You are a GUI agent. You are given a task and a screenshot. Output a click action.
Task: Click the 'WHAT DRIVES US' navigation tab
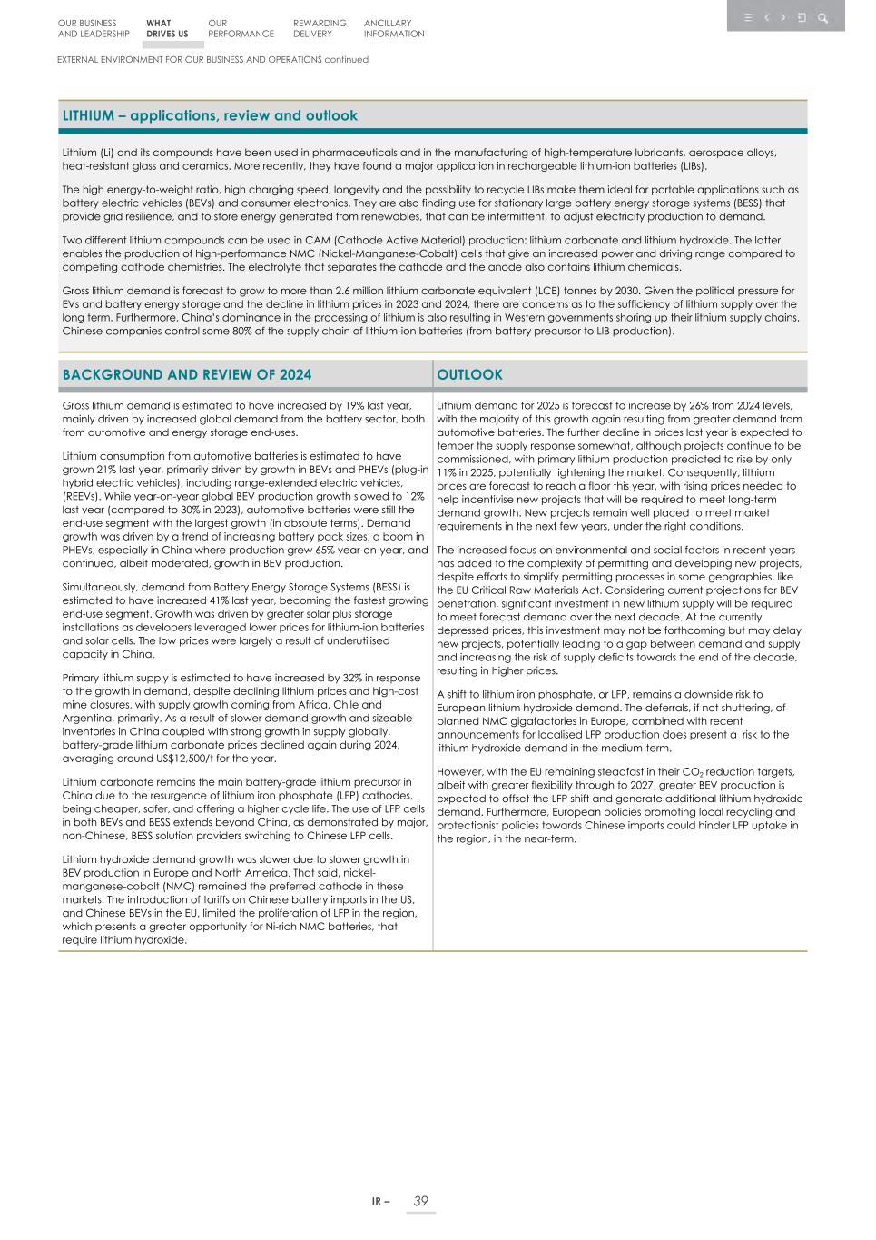(167, 28)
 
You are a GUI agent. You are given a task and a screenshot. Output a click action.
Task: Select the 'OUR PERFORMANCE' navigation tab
(240, 28)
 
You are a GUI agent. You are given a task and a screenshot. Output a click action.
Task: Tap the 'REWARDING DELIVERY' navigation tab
(320, 28)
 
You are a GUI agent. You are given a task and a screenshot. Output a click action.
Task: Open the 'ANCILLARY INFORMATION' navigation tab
(394, 28)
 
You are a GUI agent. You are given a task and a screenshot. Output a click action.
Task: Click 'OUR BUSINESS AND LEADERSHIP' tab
(94, 28)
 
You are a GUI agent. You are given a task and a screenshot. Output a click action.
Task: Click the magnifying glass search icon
(822, 17)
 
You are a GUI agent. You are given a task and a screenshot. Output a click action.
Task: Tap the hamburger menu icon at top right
(748, 17)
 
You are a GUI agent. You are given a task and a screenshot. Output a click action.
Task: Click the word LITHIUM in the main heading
(88, 116)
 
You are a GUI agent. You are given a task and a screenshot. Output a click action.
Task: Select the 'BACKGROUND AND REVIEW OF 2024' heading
(187, 375)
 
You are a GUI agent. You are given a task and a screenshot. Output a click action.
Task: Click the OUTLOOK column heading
(469, 375)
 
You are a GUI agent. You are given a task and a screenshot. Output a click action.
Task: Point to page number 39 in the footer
(420, 1201)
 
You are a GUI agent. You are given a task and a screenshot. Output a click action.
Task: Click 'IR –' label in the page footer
(380, 1202)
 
